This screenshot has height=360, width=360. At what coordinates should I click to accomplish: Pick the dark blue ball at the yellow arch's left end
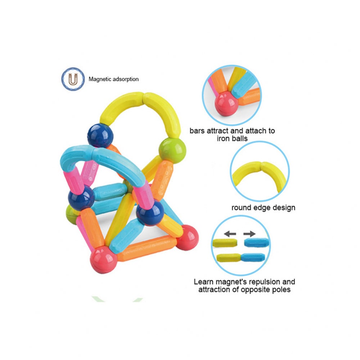[98, 135]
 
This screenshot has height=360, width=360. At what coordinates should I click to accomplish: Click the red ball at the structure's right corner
[187, 237]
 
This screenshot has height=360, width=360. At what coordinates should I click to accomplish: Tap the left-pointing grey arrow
[230, 234]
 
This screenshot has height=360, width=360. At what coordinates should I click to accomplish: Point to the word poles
[278, 289]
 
